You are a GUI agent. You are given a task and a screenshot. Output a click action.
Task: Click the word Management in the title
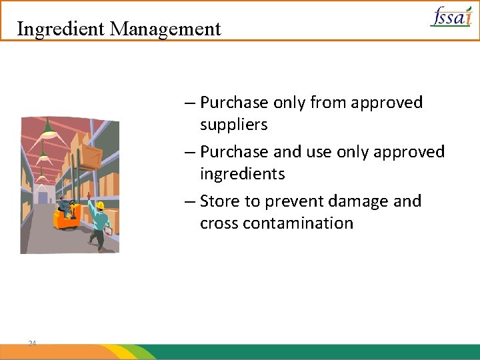pos(165,29)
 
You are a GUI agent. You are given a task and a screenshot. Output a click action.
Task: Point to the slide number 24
pos(32,343)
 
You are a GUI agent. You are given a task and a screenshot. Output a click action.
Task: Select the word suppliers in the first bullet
pos(233,125)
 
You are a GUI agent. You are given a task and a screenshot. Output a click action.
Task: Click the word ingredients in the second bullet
pos(242,174)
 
